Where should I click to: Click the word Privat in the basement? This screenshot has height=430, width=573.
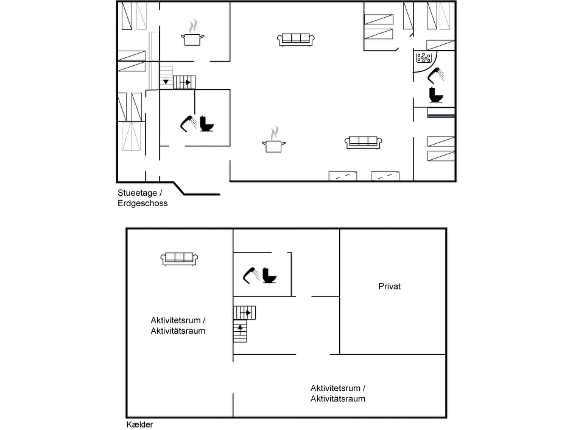[x=389, y=286]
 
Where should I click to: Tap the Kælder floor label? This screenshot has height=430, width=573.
[x=140, y=424]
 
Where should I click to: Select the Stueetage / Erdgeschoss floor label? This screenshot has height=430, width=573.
[x=142, y=198]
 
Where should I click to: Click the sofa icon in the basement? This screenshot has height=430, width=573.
[x=179, y=259]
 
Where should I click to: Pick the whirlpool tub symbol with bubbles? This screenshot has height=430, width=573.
[x=424, y=58]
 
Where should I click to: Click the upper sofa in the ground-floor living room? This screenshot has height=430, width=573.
[x=296, y=40]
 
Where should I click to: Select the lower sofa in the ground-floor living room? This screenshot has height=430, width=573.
[x=363, y=142]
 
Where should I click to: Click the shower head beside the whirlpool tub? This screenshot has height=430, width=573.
[x=435, y=75]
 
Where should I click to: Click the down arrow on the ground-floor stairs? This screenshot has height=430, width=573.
[x=166, y=82]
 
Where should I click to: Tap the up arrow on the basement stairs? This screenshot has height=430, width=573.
[x=240, y=327]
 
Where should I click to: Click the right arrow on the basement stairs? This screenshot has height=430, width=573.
[x=248, y=312]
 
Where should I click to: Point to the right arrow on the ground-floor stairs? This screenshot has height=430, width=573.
[x=188, y=82]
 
